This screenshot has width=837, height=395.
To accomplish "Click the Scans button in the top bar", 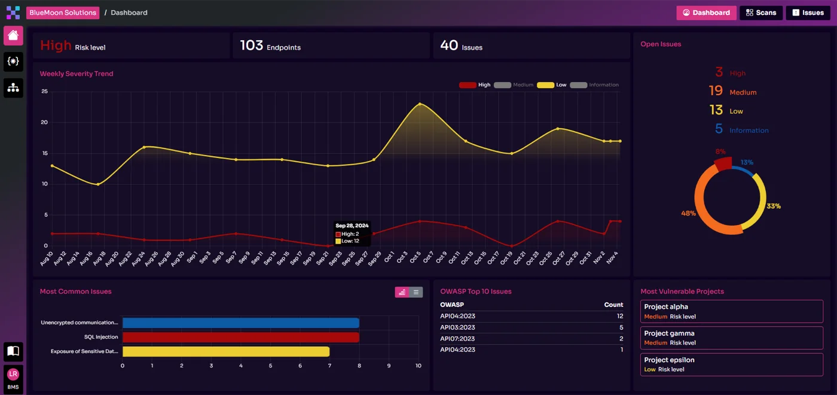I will click(x=760, y=13).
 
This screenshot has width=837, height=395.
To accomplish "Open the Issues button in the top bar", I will click(x=808, y=13).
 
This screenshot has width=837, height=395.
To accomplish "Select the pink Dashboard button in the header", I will click(x=706, y=13).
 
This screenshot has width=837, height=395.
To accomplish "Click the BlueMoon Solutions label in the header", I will click(x=63, y=13).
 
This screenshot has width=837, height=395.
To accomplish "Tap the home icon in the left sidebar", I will click(x=13, y=35).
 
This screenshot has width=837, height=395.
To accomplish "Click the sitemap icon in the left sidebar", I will click(x=13, y=88).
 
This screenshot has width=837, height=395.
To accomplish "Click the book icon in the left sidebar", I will click(x=13, y=351).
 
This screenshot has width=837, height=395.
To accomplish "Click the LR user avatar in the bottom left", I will click(x=13, y=375).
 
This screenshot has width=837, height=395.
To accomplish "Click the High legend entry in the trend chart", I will click(x=475, y=85).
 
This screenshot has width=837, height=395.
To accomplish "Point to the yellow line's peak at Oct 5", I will click(x=420, y=104).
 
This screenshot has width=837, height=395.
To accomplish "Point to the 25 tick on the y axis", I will click(x=44, y=92).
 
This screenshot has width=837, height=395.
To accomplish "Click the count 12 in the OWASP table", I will click(x=619, y=316).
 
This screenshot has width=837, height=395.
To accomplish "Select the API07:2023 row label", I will click(x=457, y=339).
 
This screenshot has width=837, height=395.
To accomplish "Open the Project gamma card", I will click(x=731, y=338).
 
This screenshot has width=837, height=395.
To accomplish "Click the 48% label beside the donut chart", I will click(x=688, y=213).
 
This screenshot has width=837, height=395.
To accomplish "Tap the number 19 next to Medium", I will click(x=716, y=91).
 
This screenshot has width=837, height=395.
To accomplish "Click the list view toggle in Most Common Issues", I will click(x=416, y=292).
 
